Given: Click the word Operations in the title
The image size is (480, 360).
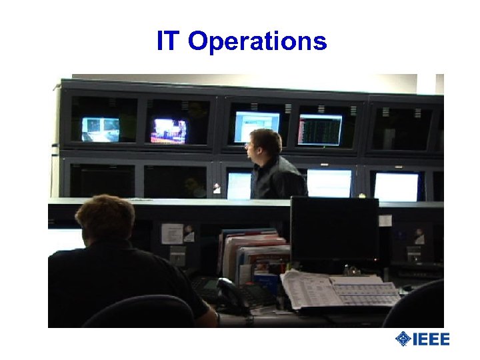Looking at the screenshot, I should (257, 42).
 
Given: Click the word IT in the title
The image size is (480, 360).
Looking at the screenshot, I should (167, 41).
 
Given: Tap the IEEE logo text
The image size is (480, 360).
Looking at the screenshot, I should (431, 339).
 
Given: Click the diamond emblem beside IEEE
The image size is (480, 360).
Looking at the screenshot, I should (403, 339).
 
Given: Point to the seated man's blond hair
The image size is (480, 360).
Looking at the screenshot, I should (105, 213).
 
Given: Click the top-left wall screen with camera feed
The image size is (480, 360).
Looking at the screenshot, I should (101, 129).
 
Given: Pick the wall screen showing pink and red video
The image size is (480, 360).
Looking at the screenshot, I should (169, 130).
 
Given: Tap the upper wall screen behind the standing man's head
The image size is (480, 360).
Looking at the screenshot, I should (256, 125).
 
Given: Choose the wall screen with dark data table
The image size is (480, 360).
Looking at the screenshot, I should (319, 129).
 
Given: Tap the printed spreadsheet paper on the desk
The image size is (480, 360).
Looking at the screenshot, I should (340, 290).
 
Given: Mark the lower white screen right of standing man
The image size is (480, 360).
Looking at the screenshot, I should (329, 183).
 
